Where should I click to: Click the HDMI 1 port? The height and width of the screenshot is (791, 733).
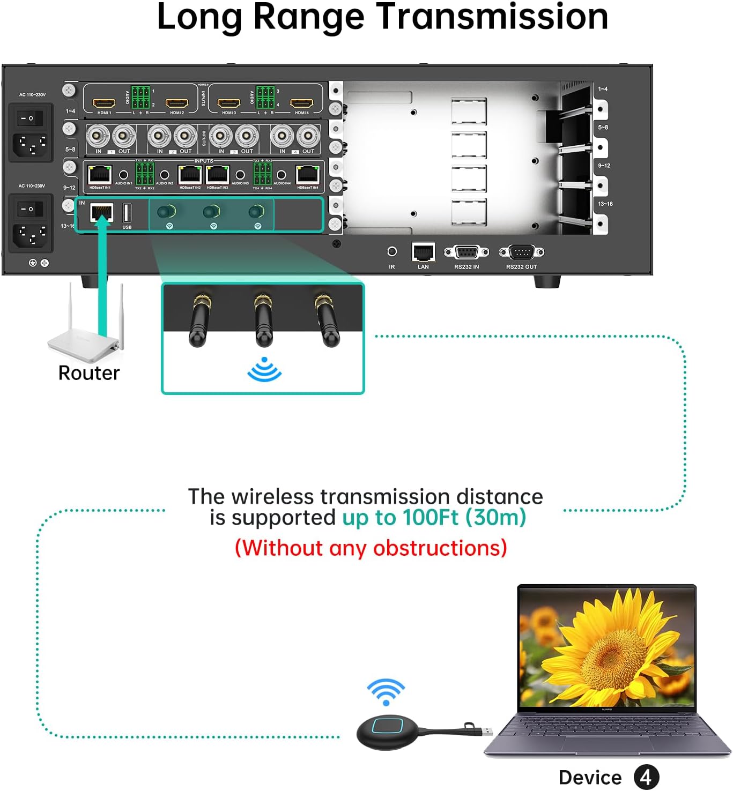104,103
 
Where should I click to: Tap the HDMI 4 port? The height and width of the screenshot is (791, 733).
301,103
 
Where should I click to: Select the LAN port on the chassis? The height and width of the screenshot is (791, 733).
423,251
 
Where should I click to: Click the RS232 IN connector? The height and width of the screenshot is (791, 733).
467,252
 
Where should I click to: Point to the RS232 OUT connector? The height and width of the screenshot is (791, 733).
521,252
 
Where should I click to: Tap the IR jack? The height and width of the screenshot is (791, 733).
392,251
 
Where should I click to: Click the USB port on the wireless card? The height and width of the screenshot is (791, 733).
127,213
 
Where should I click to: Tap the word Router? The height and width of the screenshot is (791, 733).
89,373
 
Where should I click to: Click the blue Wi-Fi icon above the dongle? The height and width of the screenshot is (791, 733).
386,692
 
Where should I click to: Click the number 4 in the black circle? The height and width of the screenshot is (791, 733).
646,778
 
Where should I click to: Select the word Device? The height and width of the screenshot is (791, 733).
590,778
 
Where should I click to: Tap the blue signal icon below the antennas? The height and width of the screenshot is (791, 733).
264,370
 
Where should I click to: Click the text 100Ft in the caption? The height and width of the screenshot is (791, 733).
431,518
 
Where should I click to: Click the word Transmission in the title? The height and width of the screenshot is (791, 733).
492,17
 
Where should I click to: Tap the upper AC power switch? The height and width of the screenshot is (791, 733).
28,118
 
